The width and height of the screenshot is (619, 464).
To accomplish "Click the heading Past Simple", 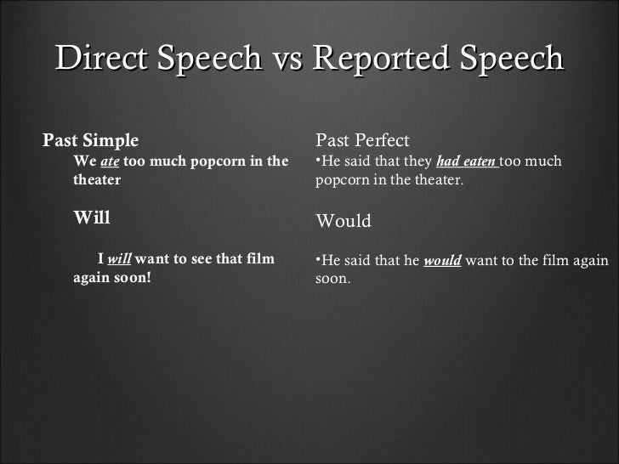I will click(x=91, y=139).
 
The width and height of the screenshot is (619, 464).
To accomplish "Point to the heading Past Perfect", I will click(x=362, y=139).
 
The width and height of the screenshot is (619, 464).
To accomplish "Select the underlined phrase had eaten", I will click(x=467, y=161).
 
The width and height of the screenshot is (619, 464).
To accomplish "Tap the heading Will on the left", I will click(x=92, y=217).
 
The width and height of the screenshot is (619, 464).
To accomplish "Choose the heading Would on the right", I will click(x=344, y=221).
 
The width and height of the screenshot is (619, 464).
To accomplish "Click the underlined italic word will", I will click(x=119, y=258).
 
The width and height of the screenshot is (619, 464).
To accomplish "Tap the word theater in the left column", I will click(x=97, y=180).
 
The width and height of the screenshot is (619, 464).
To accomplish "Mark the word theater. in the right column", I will click(x=437, y=180).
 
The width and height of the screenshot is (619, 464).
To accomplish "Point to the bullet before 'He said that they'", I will click(x=318, y=159).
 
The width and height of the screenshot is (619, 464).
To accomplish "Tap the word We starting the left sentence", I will click(x=84, y=161).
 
